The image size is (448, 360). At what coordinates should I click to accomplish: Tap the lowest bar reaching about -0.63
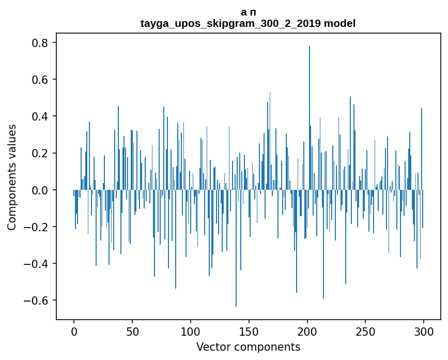(236, 248)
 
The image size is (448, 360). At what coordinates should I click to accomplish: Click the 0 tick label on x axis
(74, 331)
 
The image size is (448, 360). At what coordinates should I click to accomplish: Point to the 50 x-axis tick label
(132, 331)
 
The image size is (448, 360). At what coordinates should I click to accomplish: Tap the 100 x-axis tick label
(191, 331)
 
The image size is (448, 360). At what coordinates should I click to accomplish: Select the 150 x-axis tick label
(249, 331)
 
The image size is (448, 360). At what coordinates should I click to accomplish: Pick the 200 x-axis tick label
(307, 331)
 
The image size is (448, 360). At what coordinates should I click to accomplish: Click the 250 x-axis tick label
(366, 331)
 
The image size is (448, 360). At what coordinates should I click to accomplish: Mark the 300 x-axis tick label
(424, 331)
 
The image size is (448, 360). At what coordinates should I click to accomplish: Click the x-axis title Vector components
(248, 347)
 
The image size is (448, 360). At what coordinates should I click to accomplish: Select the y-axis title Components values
(12, 177)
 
